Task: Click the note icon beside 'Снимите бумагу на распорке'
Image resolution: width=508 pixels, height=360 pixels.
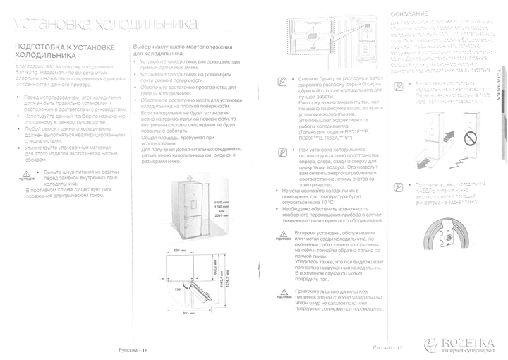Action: coord(282,81)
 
